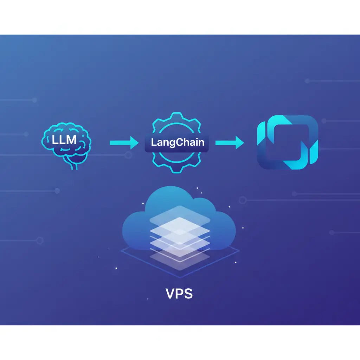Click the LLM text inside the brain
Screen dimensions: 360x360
click(x=64, y=140)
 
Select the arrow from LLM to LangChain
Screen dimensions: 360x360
click(x=124, y=143)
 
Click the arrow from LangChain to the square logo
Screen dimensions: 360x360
click(x=230, y=143)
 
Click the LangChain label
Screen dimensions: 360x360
click(x=178, y=142)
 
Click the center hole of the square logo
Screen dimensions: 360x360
click(x=287, y=143)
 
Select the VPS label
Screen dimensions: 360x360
click(x=179, y=294)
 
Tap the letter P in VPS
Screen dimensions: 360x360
click(x=180, y=294)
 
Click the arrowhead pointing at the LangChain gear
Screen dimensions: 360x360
click(x=135, y=143)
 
